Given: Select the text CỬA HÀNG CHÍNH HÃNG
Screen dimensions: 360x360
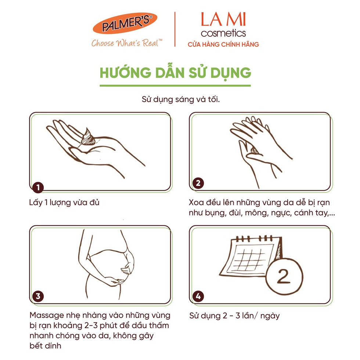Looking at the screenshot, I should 223,44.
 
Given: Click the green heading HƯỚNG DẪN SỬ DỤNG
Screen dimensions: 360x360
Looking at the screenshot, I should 176,72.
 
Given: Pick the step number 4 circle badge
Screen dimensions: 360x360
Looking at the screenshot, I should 198,296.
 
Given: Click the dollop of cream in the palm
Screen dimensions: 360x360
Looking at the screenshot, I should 87,137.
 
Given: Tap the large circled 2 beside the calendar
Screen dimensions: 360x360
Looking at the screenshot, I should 284,276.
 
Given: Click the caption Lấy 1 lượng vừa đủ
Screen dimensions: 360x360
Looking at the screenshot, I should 64,202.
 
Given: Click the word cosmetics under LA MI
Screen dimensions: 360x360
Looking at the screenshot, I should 223,33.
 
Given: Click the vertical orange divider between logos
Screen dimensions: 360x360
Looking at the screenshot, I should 175,29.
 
